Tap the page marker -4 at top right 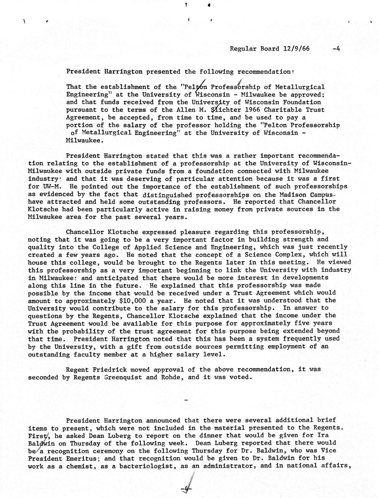[x=336, y=48]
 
